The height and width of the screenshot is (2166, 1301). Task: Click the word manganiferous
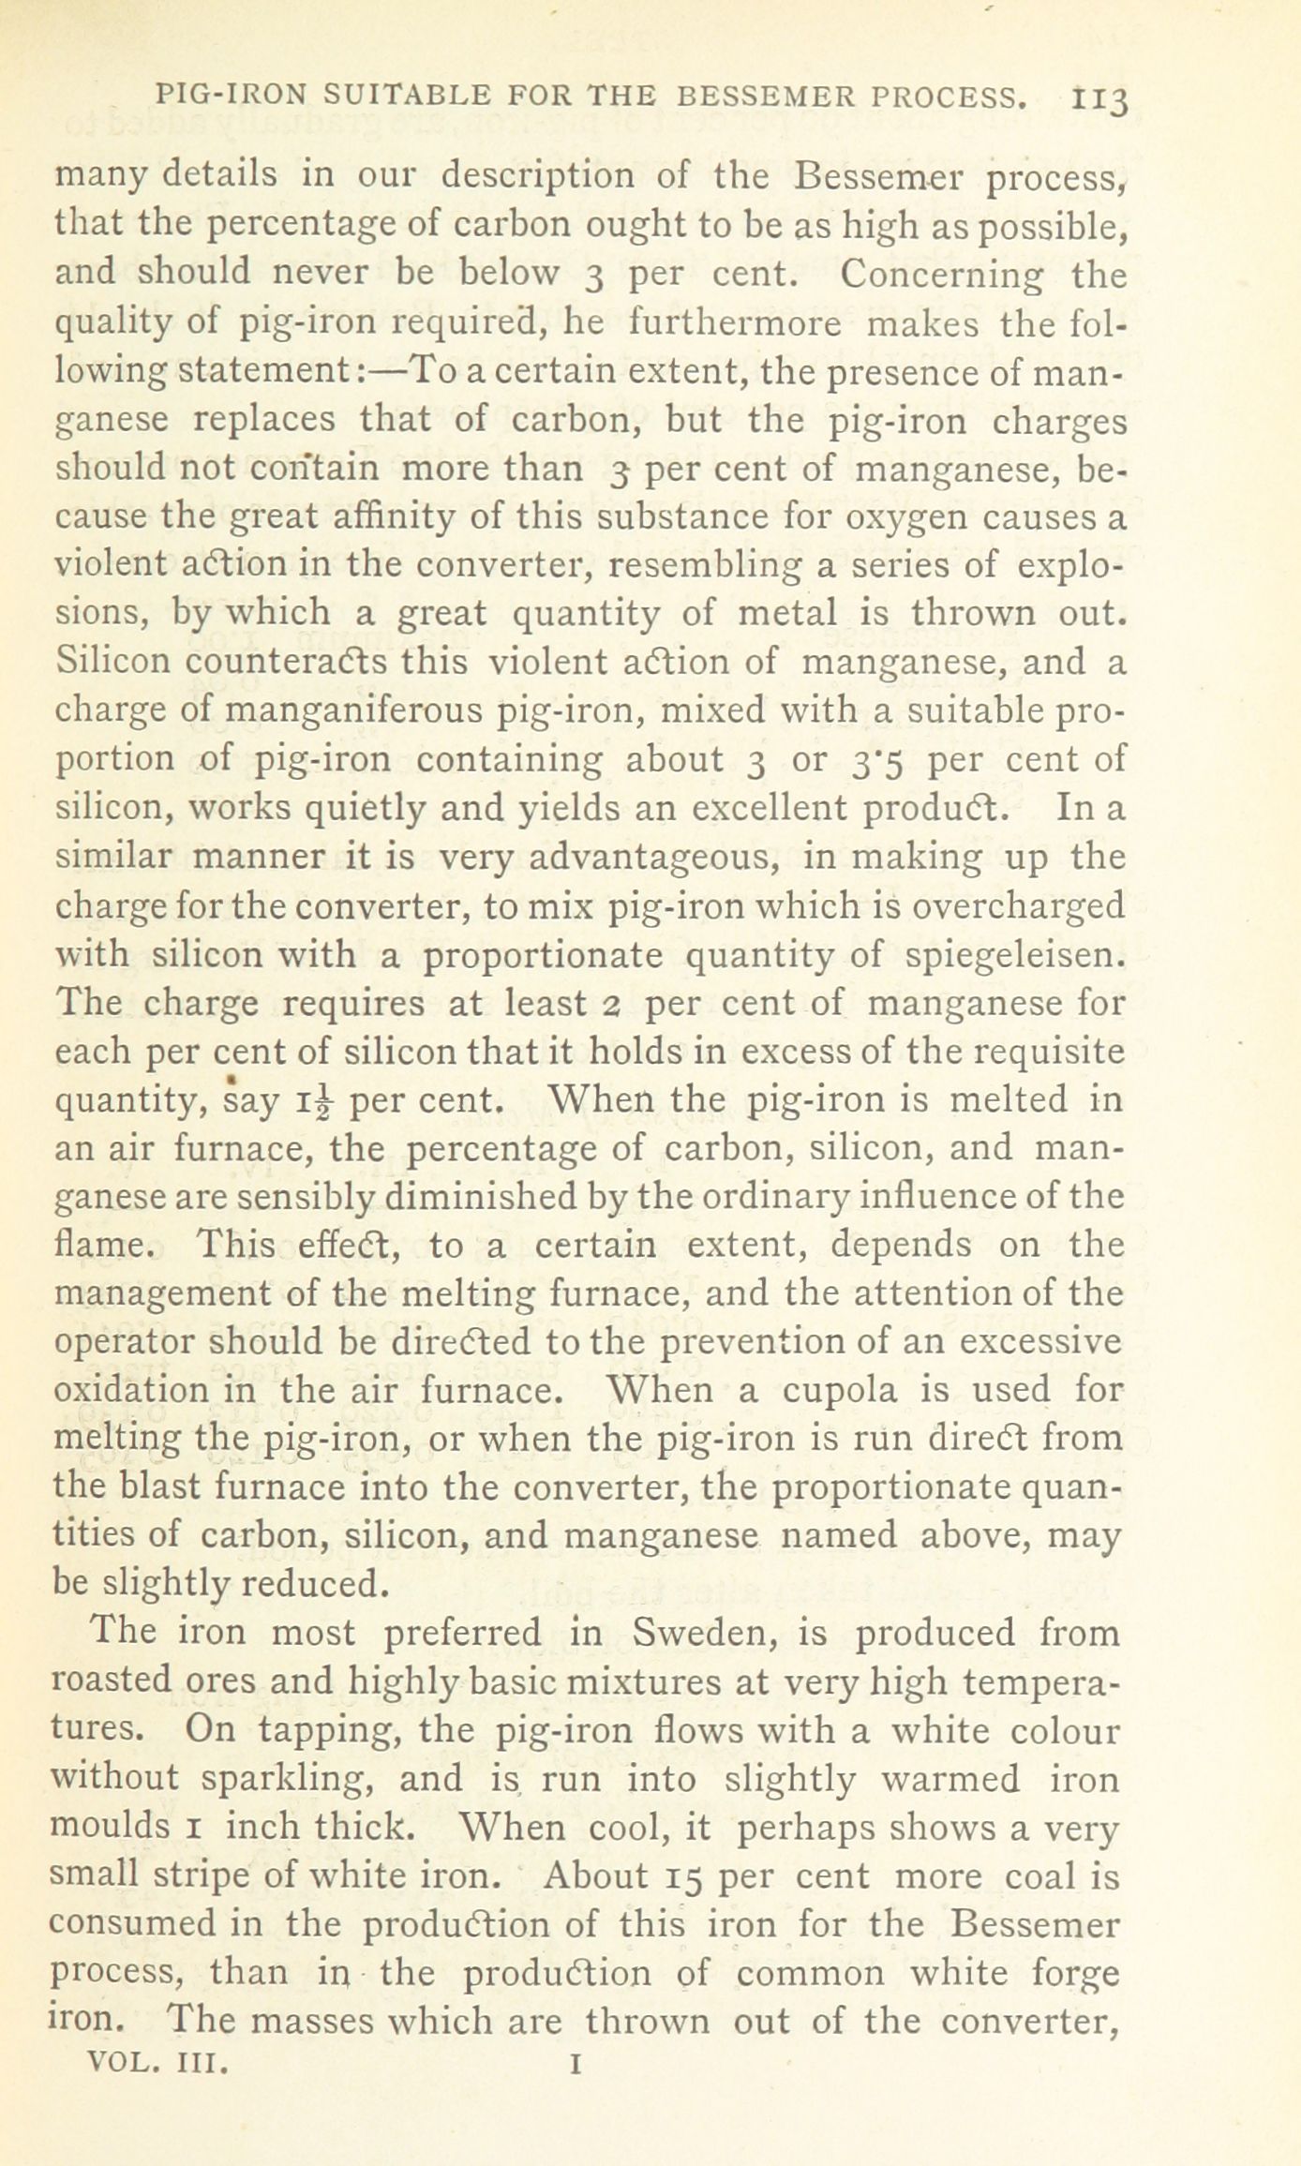point(351,710)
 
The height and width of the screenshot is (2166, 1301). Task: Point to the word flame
point(100,1246)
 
